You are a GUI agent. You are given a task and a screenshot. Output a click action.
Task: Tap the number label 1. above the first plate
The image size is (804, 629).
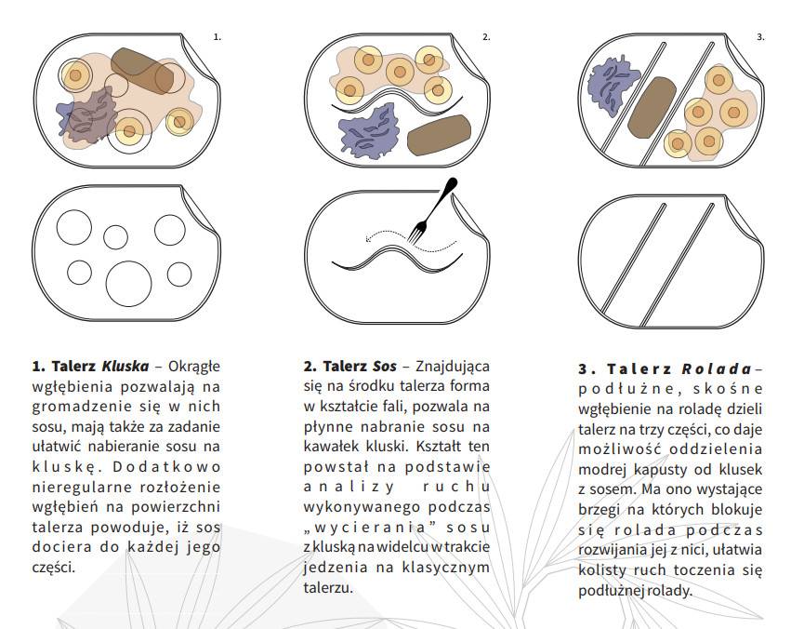217,37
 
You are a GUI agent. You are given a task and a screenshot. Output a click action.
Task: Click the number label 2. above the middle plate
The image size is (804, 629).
486,37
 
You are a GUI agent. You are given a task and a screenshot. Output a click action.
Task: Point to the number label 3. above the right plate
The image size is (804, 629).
760,37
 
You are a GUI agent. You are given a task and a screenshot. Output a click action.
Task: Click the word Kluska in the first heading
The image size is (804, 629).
125,366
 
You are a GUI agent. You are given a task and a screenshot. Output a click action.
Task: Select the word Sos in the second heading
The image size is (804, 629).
385,366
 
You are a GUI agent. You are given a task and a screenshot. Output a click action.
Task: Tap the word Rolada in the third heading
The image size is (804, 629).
717,368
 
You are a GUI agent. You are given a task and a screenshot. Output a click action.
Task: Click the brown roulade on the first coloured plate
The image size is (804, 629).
149,71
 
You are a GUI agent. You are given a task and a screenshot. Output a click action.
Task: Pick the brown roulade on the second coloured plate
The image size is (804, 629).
440,135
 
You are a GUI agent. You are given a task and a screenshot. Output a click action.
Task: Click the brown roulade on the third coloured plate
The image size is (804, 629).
652,107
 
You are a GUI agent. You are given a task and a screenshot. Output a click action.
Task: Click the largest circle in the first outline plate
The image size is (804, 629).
128,284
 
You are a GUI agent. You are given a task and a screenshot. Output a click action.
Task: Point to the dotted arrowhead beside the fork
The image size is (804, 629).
369,238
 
